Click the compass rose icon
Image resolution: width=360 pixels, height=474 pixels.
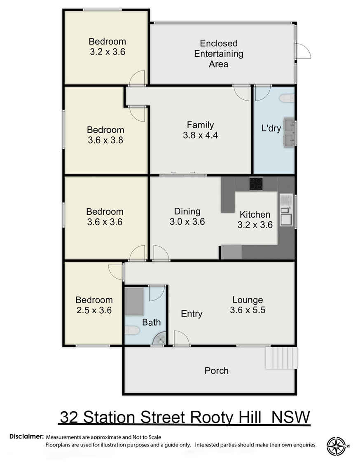336,446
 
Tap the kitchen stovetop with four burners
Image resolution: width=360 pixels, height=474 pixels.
256,183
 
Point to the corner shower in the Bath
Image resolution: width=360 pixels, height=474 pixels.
160,339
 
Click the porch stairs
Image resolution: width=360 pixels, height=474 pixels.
281,358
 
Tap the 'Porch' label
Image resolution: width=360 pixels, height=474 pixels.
216,371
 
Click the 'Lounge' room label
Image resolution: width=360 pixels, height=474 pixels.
248,300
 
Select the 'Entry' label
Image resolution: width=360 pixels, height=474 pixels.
192,314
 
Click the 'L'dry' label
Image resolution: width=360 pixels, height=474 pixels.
271,128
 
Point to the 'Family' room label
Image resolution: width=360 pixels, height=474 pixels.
200,124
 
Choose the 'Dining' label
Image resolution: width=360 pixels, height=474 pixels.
187,211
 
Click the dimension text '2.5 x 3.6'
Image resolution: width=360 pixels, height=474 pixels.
94,310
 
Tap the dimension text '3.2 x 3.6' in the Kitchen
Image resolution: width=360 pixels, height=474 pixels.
255,225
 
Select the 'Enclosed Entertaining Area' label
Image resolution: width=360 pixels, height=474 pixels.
219,54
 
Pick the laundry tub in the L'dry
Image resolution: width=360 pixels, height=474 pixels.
288,133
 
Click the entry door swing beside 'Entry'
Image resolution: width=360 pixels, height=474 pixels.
180,338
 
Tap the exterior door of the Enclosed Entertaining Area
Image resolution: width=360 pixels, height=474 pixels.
303,52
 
